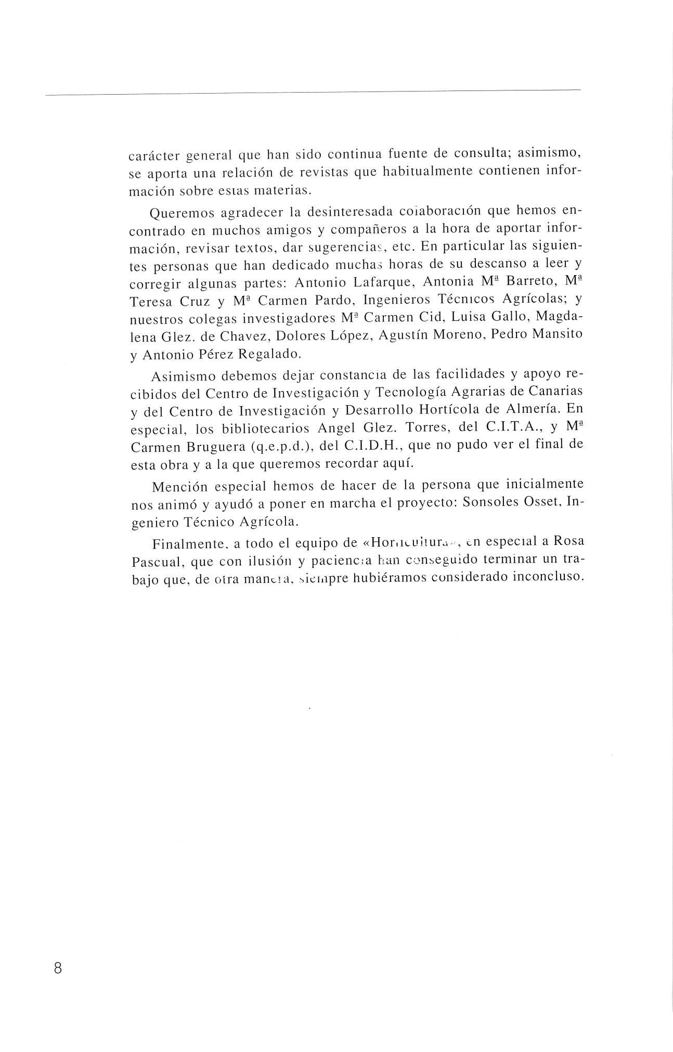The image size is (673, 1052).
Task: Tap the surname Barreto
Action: (x=530, y=282)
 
